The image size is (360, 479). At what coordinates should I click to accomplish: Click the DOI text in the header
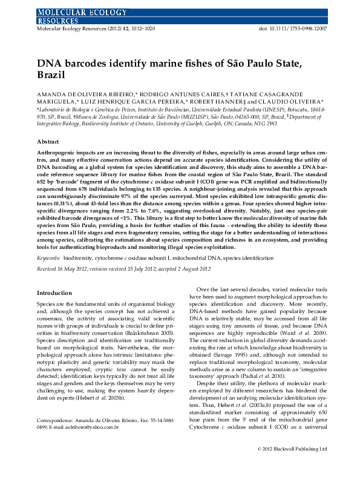(292, 28)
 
